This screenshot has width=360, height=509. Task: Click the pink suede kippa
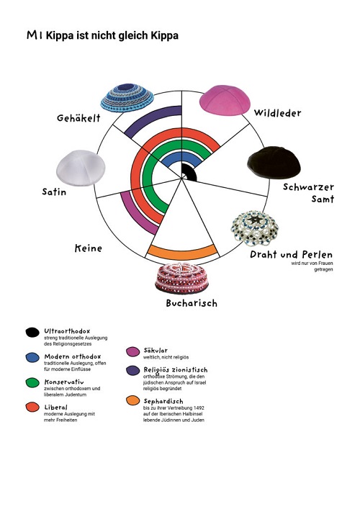pyautogui.click(x=225, y=100)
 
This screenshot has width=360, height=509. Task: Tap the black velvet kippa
pyautogui.click(x=274, y=163)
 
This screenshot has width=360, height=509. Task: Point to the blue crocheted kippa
pyautogui.click(x=127, y=97)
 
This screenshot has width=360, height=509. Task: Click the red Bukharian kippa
pyautogui.click(x=181, y=278)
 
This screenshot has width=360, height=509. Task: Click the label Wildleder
pyautogui.click(x=277, y=113)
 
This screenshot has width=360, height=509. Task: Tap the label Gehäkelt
pyautogui.click(x=78, y=118)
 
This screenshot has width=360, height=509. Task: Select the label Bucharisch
pyautogui.click(x=192, y=303)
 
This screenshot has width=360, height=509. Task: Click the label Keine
pyautogui.click(x=89, y=248)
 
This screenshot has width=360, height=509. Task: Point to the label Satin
pyautogui.click(x=54, y=192)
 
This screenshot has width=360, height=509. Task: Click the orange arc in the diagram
pyautogui.click(x=182, y=252)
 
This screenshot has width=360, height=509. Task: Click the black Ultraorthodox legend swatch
pyautogui.click(x=32, y=333)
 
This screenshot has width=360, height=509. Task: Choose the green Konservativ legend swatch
pyautogui.click(x=32, y=382)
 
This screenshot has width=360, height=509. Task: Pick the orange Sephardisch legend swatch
pyautogui.click(x=132, y=400)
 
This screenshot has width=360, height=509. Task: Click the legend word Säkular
pyautogui.click(x=156, y=351)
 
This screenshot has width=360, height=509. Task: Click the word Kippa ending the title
pyautogui.click(x=164, y=36)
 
